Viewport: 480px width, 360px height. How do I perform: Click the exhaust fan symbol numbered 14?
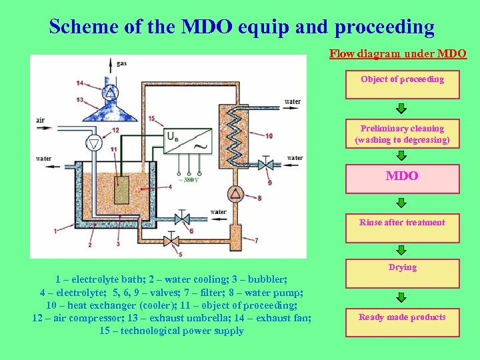110,92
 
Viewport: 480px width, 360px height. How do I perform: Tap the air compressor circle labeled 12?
95,143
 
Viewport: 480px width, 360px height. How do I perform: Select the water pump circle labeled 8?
235,194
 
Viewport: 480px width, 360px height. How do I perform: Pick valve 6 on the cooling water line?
181,218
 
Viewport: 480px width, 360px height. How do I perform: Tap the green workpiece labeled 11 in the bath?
121,189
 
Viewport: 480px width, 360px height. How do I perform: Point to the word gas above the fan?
121,63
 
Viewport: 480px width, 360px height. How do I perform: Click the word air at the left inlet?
41,120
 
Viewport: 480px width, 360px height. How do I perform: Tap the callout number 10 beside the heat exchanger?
269,136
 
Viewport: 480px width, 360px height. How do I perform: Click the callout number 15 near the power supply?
151,119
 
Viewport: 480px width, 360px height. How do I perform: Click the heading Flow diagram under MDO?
398,53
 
